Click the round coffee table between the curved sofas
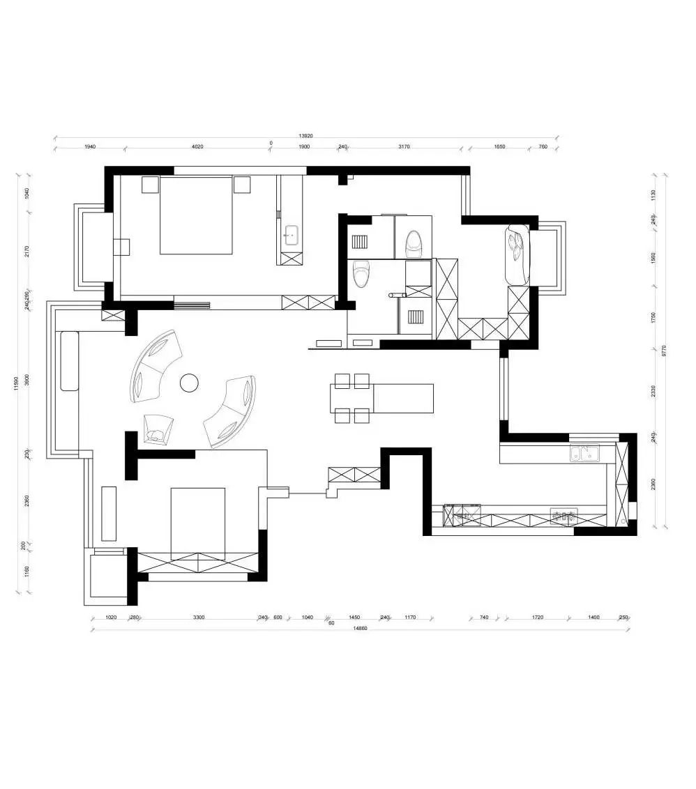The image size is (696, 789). [x=189, y=383]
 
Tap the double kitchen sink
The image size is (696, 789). [x=584, y=454]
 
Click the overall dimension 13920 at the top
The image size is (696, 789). [x=305, y=136]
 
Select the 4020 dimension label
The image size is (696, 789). [x=197, y=147]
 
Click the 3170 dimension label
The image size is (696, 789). [x=404, y=147]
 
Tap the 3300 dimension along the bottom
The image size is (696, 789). [x=199, y=618]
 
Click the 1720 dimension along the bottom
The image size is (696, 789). [x=537, y=618]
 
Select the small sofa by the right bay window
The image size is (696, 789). [x=517, y=254]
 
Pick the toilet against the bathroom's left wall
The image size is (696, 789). [x=361, y=273]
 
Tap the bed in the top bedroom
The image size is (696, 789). [x=196, y=215]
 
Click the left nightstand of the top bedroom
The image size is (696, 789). [x=151, y=185]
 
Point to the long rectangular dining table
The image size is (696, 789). [x=403, y=398]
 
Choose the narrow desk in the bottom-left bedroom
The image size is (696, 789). [x=109, y=514]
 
